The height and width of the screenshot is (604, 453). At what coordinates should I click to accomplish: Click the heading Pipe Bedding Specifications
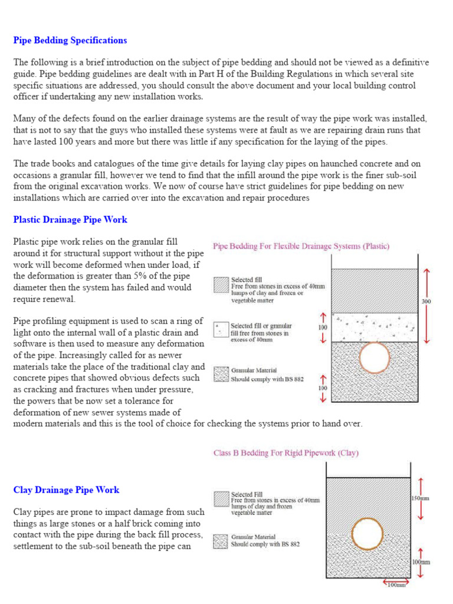point(70,41)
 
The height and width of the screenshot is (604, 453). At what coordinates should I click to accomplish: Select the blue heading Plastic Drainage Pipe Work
point(70,220)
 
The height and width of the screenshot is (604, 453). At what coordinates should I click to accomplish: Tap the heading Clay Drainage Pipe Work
point(66,490)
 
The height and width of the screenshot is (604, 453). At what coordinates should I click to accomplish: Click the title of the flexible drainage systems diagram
point(301,247)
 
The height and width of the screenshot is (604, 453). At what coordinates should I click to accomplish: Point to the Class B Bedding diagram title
point(285,454)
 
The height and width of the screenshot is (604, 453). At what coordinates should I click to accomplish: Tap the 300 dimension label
point(426,301)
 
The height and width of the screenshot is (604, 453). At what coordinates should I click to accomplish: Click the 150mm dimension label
point(420,498)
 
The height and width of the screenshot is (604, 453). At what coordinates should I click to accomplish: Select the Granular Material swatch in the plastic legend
point(221,375)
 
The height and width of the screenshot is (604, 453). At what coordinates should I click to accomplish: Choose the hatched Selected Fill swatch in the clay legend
point(221,500)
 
